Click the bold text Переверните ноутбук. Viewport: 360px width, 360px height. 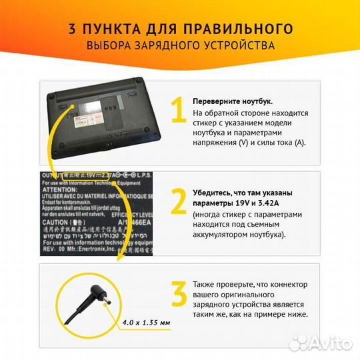point(233,101)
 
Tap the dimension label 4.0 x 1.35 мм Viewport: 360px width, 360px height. point(147,322)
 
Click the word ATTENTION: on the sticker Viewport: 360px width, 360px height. point(60,190)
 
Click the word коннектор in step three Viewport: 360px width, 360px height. point(273,283)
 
